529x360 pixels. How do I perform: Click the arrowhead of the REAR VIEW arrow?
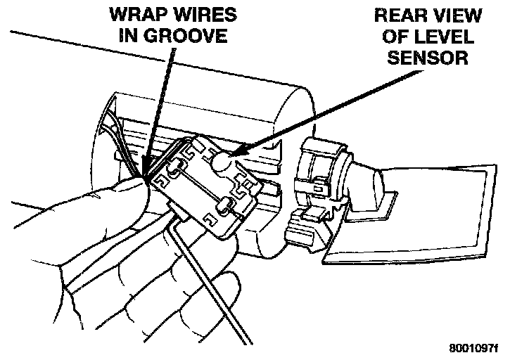click(236, 153)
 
